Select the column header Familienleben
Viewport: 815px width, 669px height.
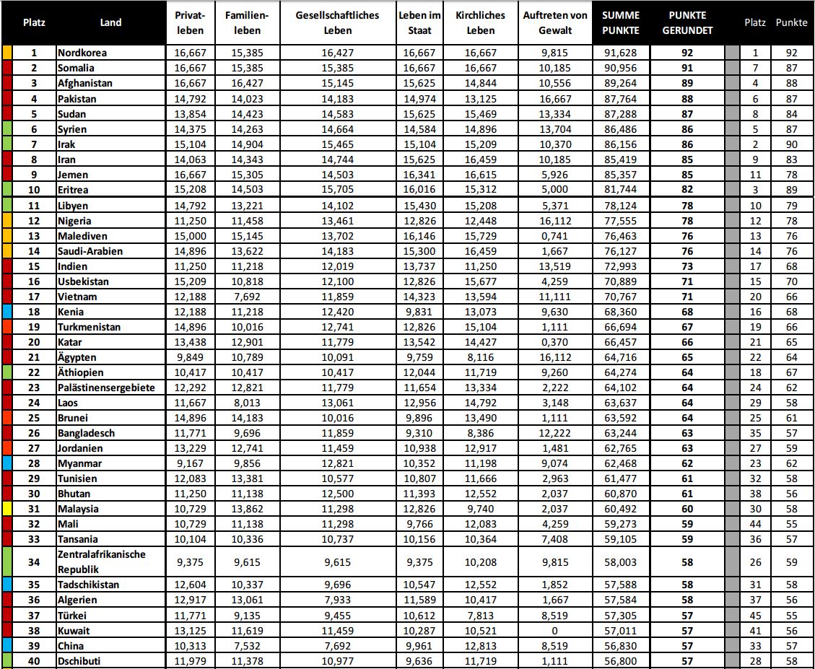[247, 23]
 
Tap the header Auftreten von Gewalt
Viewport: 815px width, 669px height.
[547, 23]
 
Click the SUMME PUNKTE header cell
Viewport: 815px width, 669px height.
[620, 23]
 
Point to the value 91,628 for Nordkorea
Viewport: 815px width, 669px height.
[620, 53]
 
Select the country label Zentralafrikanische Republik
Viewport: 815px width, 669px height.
[101, 561]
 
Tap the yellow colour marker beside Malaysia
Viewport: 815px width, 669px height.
[6, 508]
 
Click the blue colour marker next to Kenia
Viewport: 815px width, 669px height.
[6, 312]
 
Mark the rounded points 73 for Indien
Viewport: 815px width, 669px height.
[687, 266]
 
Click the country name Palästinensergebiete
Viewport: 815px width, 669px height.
[106, 388]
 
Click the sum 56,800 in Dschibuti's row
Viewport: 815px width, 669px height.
[620, 660]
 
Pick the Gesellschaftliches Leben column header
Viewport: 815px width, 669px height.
[337, 23]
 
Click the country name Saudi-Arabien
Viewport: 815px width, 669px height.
[90, 251]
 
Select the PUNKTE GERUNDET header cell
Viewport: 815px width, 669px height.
[687, 23]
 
